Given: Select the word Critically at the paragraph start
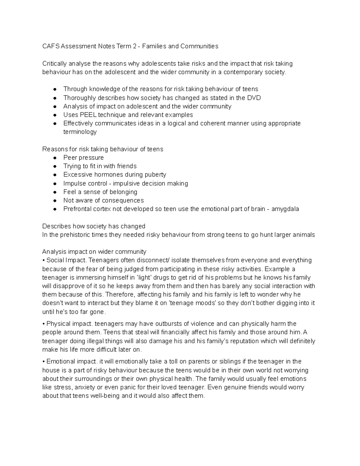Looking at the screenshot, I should pos(55,64).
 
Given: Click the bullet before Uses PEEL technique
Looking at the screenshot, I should pos(55,115).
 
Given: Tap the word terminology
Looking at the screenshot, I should pos(80,132).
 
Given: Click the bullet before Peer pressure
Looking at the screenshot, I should pos(55,158).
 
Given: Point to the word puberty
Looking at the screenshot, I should pos(154,175).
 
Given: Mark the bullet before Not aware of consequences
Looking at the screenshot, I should pos(55,201).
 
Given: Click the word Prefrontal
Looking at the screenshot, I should pos(77,209).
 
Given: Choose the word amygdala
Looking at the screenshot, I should pos(285,209).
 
